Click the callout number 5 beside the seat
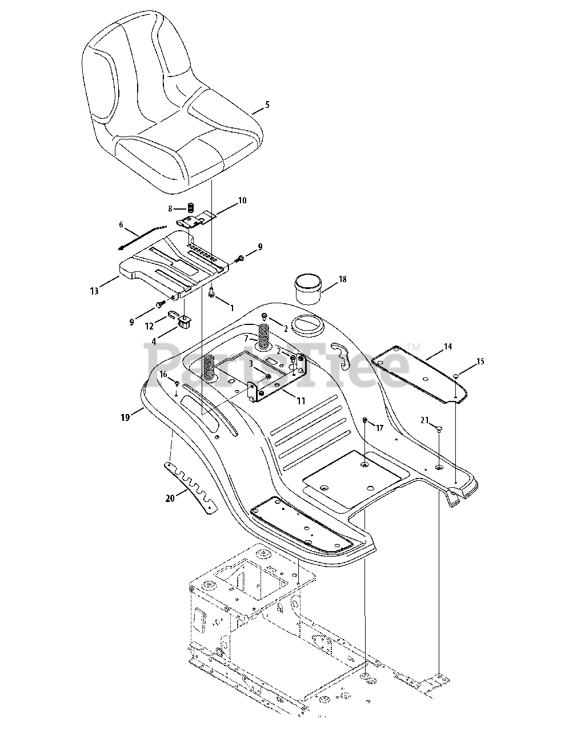click(267, 105)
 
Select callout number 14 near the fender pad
click(447, 347)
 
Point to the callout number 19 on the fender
click(126, 417)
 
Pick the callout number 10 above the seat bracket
click(242, 200)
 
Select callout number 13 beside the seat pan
click(94, 291)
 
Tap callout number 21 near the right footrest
click(424, 420)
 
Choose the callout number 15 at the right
click(480, 361)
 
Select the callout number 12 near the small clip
click(150, 325)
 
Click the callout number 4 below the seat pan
click(154, 342)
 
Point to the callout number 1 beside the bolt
click(231, 307)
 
